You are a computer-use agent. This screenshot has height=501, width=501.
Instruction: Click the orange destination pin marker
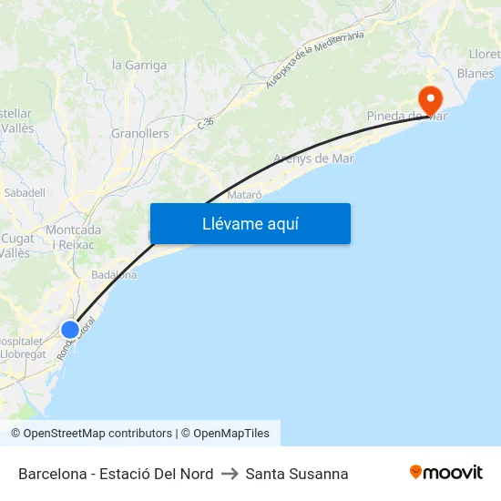point(429,98)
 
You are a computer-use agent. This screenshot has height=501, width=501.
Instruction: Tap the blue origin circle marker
point(70,330)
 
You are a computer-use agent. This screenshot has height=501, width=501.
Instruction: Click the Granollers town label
point(140,133)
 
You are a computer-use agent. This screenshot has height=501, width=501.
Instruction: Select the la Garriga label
point(139,65)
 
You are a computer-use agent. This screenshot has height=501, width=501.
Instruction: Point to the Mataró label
point(244,194)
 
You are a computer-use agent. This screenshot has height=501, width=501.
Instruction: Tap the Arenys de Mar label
point(313,158)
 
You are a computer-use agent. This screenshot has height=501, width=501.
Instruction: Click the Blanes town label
point(475,73)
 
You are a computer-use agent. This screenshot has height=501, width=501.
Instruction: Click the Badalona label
point(114,274)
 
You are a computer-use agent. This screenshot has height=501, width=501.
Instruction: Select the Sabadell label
point(25,192)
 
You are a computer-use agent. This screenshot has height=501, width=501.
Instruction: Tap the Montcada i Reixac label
point(74,237)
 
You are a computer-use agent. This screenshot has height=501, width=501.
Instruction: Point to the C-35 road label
point(206,122)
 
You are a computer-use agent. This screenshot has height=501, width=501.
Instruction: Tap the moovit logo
point(446,473)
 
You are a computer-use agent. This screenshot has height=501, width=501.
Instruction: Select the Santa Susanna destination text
point(297,474)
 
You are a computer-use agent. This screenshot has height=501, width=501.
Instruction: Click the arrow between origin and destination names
point(230,474)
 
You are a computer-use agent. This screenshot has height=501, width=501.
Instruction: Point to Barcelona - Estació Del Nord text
point(116,474)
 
